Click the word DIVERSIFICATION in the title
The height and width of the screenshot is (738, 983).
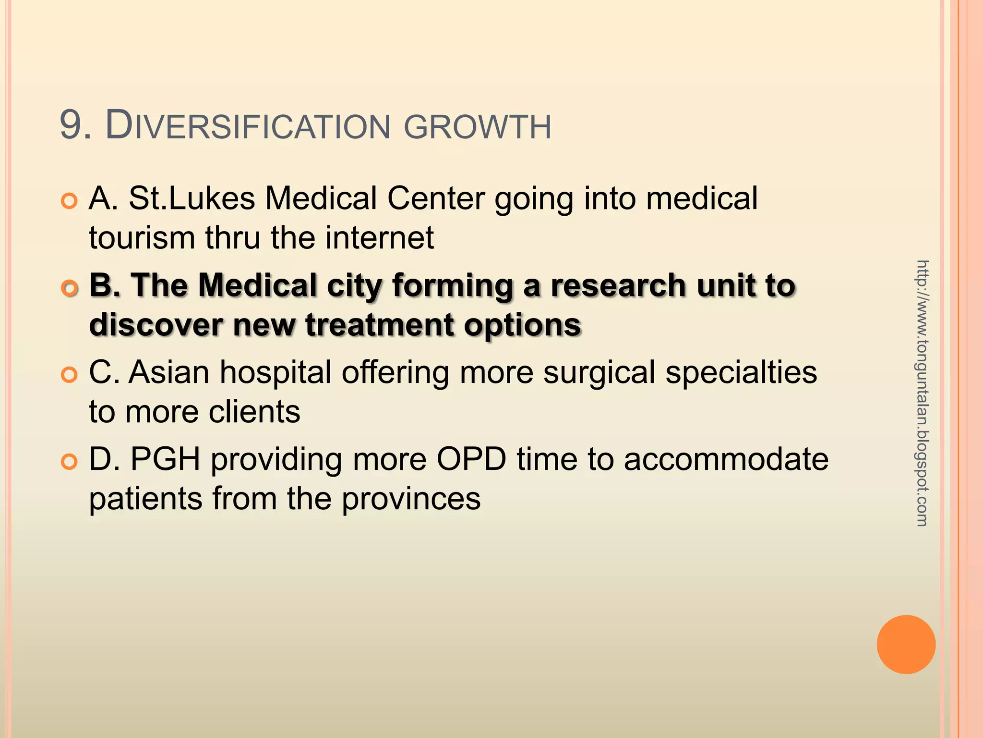pyautogui.click(x=248, y=126)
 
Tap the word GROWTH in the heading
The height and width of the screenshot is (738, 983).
pyautogui.click(x=478, y=127)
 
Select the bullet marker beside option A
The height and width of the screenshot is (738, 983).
pyautogui.click(x=70, y=201)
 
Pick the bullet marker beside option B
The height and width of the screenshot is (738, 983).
pyautogui.click(x=70, y=288)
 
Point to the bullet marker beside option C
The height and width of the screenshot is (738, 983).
pyautogui.click(x=70, y=375)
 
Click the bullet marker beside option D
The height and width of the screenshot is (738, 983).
pyautogui.click(x=70, y=462)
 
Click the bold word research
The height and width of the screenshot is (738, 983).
pyautogui.click(x=619, y=285)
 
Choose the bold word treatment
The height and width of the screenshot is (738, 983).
pyautogui.click(x=379, y=325)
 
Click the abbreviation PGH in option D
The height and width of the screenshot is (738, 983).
pyautogui.click(x=166, y=459)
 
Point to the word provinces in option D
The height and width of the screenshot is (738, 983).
pyautogui.click(x=411, y=500)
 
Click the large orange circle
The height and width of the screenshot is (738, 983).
pyautogui.click(x=906, y=644)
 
